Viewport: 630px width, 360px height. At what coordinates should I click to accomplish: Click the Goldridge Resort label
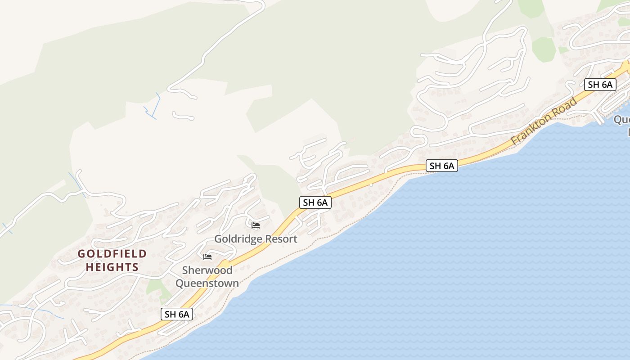click(256, 239)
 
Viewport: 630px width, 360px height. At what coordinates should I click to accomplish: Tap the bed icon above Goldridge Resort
click(256, 225)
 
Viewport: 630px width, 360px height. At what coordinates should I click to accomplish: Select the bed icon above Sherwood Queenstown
click(207, 256)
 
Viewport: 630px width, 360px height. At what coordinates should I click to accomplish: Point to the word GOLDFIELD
click(112, 254)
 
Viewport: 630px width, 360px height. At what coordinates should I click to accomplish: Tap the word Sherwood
click(207, 270)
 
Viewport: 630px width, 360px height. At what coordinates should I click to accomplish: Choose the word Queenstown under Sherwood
click(207, 283)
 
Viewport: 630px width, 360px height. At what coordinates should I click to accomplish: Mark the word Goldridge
click(236, 239)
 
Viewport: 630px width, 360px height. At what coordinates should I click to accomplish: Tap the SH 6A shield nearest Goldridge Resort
click(315, 202)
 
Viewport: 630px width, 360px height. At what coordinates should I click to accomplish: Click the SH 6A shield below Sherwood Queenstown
click(177, 314)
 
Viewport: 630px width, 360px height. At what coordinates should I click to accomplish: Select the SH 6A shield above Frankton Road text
click(600, 84)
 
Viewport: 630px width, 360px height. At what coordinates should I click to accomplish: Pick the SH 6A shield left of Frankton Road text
click(442, 166)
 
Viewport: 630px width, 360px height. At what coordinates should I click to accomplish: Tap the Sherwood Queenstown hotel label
click(207, 277)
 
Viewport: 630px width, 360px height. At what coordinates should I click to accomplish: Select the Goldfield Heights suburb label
click(112, 261)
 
